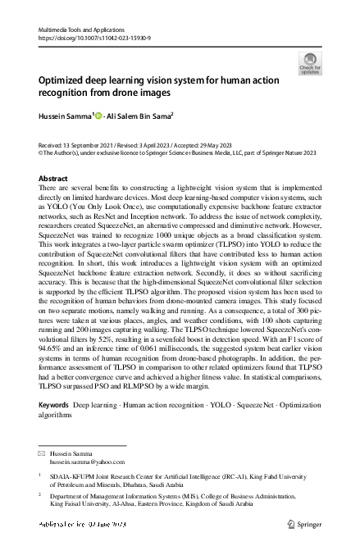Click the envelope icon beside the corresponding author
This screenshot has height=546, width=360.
43,453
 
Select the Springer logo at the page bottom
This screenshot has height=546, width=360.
308,523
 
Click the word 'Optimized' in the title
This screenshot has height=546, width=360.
62,82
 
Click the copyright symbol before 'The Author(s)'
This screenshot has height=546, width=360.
42,152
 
